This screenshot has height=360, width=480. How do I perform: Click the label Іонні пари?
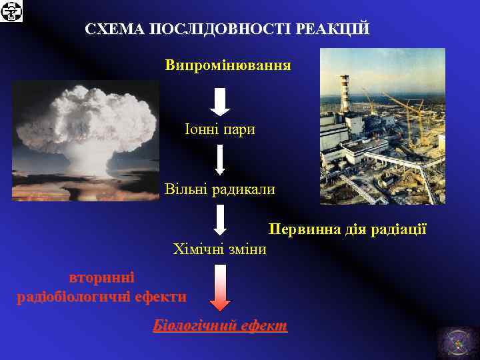pyautogui.click(x=220, y=129)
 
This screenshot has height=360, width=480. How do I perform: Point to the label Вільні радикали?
pyautogui.click(x=220, y=189)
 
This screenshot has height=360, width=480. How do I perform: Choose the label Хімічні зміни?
pyautogui.click(x=219, y=249)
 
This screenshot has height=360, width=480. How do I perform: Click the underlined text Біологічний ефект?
pyautogui.click(x=220, y=326)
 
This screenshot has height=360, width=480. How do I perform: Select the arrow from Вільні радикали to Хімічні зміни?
pyautogui.click(x=220, y=219)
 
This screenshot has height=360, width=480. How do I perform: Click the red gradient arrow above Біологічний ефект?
pyautogui.click(x=220, y=287)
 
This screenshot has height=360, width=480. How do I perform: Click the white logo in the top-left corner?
pyautogui.click(x=11, y=11)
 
